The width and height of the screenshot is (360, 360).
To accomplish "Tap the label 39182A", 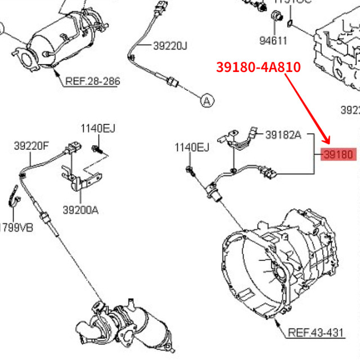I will click(x=283, y=135).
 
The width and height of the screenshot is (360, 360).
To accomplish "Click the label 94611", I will click(x=273, y=40).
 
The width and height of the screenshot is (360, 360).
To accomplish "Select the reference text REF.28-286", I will click(x=92, y=81).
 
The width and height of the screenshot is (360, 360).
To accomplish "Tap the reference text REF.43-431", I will click(x=316, y=332).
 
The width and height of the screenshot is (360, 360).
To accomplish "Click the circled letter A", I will click(x=206, y=101).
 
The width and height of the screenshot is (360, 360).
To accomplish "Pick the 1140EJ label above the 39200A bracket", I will click(x=98, y=129).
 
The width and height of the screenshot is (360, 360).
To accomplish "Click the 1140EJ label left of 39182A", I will click(x=192, y=148).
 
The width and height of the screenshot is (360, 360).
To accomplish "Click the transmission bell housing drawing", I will click(x=276, y=264).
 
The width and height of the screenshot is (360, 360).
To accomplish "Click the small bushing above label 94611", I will click(x=277, y=17).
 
